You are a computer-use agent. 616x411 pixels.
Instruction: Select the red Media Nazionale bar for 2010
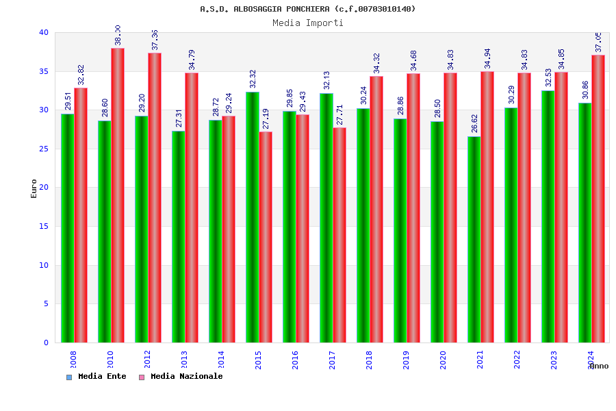click(118, 195)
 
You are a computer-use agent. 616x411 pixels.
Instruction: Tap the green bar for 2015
click(253, 217)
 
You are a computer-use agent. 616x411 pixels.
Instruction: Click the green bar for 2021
click(474, 239)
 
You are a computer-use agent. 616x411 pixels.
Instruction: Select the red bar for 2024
click(598, 199)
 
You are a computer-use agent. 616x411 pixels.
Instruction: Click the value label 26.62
click(473, 124)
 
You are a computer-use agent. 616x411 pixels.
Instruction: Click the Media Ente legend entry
click(97, 376)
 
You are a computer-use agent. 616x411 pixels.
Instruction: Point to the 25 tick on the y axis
click(44, 149)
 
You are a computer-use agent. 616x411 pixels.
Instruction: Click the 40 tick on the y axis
click(44, 32)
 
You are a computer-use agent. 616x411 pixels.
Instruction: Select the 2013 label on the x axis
click(184, 360)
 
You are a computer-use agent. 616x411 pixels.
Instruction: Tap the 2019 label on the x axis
click(406, 360)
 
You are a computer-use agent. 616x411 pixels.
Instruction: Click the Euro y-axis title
click(34, 188)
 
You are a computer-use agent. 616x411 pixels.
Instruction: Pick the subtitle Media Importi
click(308, 23)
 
